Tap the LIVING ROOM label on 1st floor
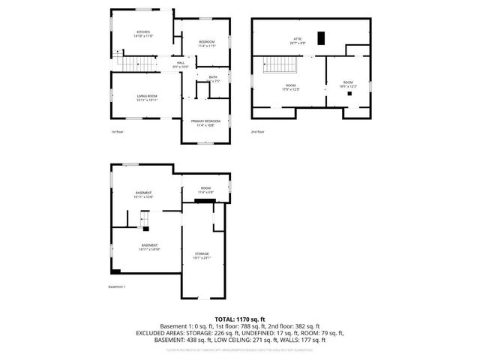146,97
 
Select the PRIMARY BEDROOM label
205,122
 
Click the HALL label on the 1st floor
180,64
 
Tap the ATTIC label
297,41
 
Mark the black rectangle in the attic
321,38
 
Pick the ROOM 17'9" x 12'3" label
289,88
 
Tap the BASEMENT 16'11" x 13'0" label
144,195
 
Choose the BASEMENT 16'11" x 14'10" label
149,247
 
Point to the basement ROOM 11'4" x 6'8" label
205,190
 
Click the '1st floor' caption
117,132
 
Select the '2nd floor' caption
257,132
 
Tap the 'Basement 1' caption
117,287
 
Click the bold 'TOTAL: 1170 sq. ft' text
239,319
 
